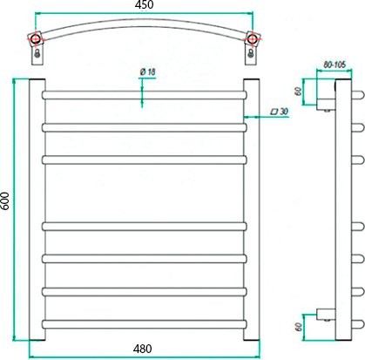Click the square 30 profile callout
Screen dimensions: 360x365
[280, 112]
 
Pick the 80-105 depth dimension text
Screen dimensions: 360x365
[333, 64]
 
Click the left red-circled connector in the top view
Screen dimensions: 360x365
[37, 39]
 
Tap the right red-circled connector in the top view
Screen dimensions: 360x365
[253, 39]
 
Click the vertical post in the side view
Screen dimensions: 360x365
[342, 209]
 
